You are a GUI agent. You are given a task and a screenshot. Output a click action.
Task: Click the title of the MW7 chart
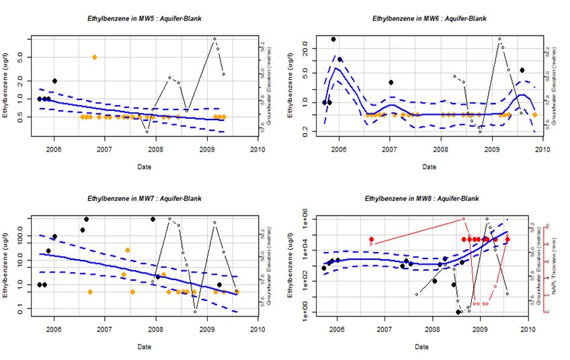coord(142,199)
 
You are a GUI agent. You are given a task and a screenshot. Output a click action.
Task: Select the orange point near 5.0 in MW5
coord(95,57)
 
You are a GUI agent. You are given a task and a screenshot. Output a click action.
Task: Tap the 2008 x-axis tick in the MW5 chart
coord(155,149)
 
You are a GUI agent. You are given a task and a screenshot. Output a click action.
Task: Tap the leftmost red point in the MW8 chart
coord(371,239)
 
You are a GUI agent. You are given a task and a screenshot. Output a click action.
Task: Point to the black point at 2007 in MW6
coord(391,82)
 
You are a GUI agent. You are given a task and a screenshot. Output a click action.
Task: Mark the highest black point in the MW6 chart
coord(333,39)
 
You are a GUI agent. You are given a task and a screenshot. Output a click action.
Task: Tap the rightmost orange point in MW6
coord(534,115)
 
